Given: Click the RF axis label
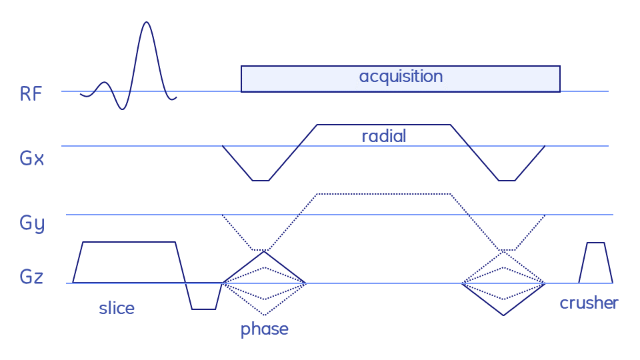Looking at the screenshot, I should click(31, 93).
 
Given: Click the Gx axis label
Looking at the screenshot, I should click(31, 159).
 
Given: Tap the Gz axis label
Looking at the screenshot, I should click(31, 276).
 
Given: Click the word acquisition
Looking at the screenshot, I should click(401, 76).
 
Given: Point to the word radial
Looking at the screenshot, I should click(383, 137).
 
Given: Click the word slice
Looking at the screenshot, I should click(117, 308).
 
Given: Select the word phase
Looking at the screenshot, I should click(264, 329).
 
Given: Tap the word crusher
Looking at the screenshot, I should click(589, 303).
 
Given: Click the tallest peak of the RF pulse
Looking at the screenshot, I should click(147, 23).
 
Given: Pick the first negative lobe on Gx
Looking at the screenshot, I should click(261, 175).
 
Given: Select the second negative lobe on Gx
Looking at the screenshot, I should click(507, 175).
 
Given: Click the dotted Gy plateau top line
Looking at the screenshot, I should click(383, 194).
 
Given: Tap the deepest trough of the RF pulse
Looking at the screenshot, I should click(121, 109).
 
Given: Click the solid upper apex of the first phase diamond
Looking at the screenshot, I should click(264, 251).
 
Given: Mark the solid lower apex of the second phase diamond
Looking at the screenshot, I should click(504, 315).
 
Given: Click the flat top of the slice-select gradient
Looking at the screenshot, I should click(128, 242).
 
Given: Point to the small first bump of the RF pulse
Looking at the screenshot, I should click(104, 83).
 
